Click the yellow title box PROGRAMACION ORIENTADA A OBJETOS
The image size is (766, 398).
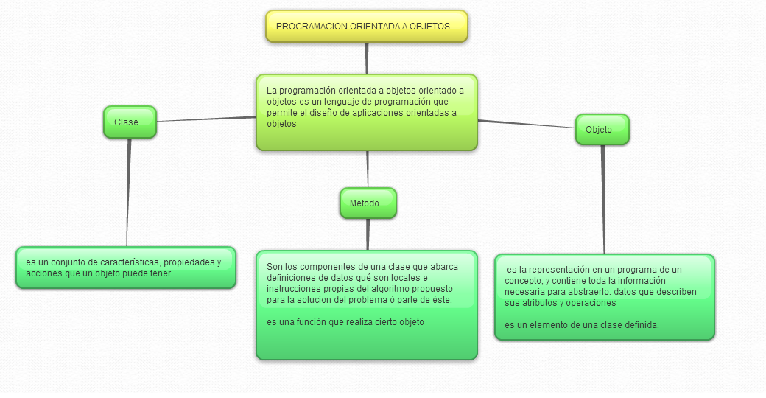tap(367, 27)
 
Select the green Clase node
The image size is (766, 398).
tap(130, 122)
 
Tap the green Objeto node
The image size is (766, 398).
tap(602, 130)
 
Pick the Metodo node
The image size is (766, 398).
tap(368, 203)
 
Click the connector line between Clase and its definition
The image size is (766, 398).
tap(128, 192)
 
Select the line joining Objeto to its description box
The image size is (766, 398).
tap(603, 199)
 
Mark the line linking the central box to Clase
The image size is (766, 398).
tap(206, 119)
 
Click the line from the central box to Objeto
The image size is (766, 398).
tap(527, 124)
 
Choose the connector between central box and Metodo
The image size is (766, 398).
tap(368, 169)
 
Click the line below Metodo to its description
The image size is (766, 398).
tap(368, 234)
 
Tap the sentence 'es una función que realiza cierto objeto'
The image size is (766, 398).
tap(345, 322)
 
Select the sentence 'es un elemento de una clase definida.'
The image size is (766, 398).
tap(582, 325)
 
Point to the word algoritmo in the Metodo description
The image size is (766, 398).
tap(387, 289)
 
